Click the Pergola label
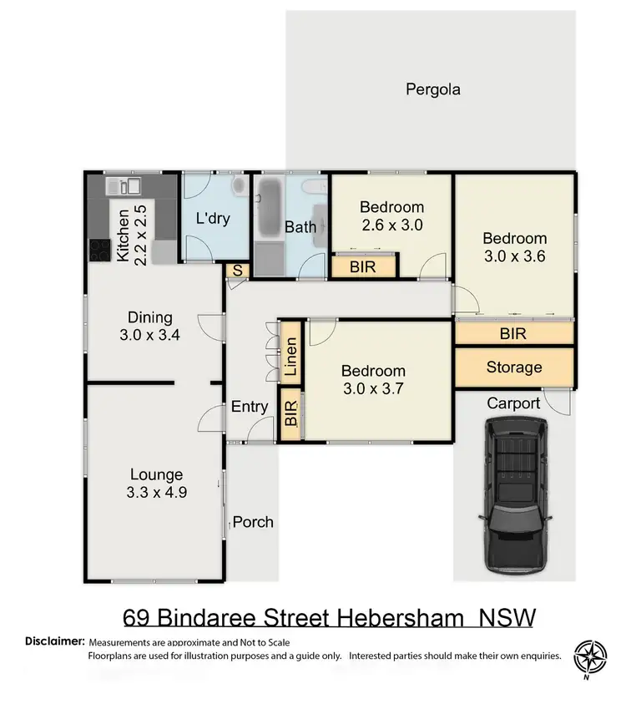click(x=433, y=89)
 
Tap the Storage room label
click(x=514, y=367)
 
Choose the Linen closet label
click(x=290, y=360)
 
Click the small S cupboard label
click(x=237, y=271)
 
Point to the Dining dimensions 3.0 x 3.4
click(x=150, y=336)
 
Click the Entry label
click(x=250, y=407)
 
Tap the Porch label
click(x=253, y=522)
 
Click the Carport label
click(x=513, y=403)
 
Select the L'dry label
click(x=213, y=219)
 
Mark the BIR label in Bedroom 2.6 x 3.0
click(x=363, y=267)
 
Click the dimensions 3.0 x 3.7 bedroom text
click(x=374, y=389)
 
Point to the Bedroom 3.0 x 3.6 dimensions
click(x=515, y=257)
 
